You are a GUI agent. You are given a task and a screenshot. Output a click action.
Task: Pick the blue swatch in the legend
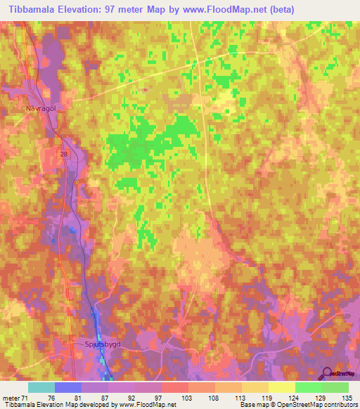pos(67,387)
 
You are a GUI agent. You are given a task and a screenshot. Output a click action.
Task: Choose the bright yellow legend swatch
pos(281,387)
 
